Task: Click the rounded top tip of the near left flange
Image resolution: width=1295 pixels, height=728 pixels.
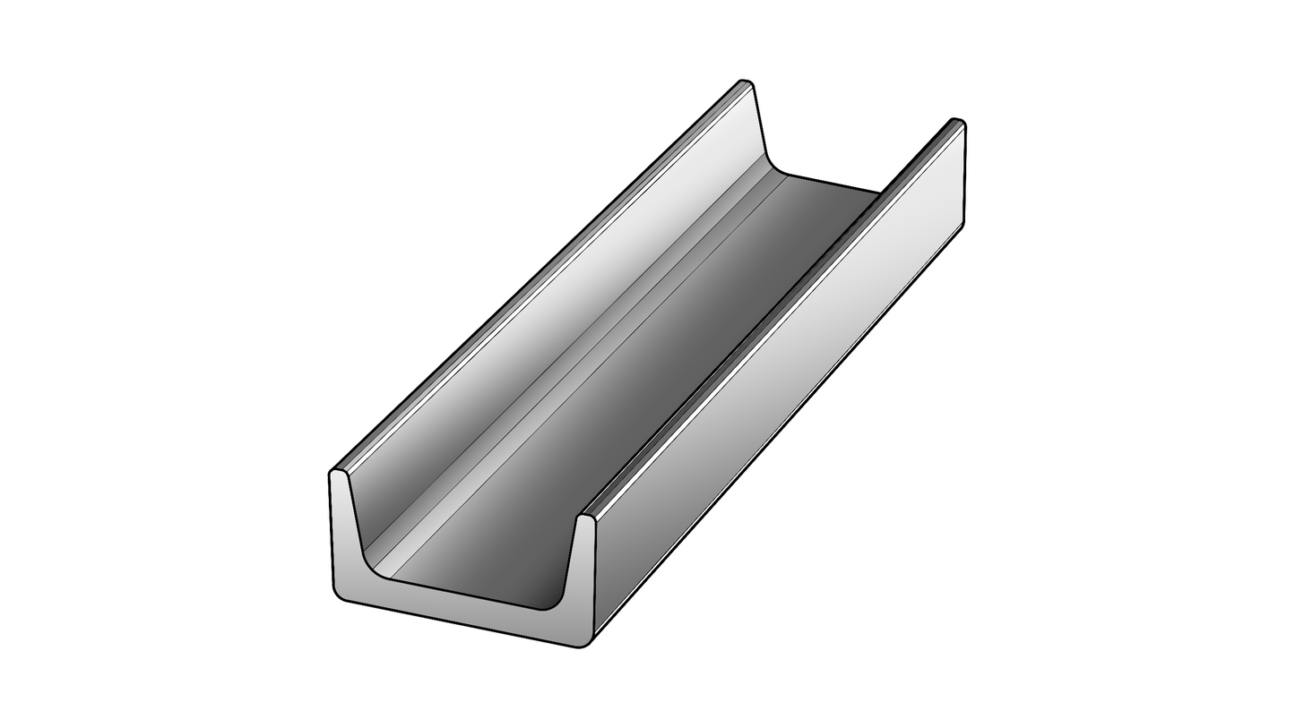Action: (338, 472)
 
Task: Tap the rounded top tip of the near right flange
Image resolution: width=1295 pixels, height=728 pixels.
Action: (586, 517)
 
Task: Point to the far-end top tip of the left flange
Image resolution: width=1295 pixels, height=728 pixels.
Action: (746, 82)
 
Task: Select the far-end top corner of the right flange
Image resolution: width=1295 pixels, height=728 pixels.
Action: (958, 121)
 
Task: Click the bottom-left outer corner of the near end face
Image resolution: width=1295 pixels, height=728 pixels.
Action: (338, 595)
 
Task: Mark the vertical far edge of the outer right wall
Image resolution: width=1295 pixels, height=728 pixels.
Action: (964, 175)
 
